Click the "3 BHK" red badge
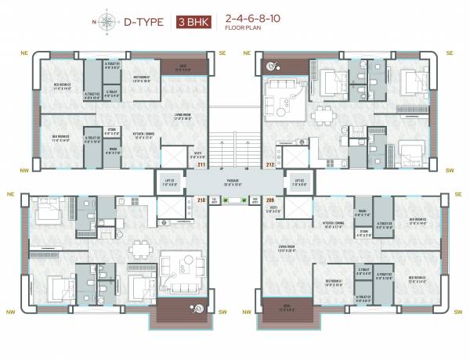point(193,21)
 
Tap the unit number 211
point(201,165)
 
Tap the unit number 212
point(269,165)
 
